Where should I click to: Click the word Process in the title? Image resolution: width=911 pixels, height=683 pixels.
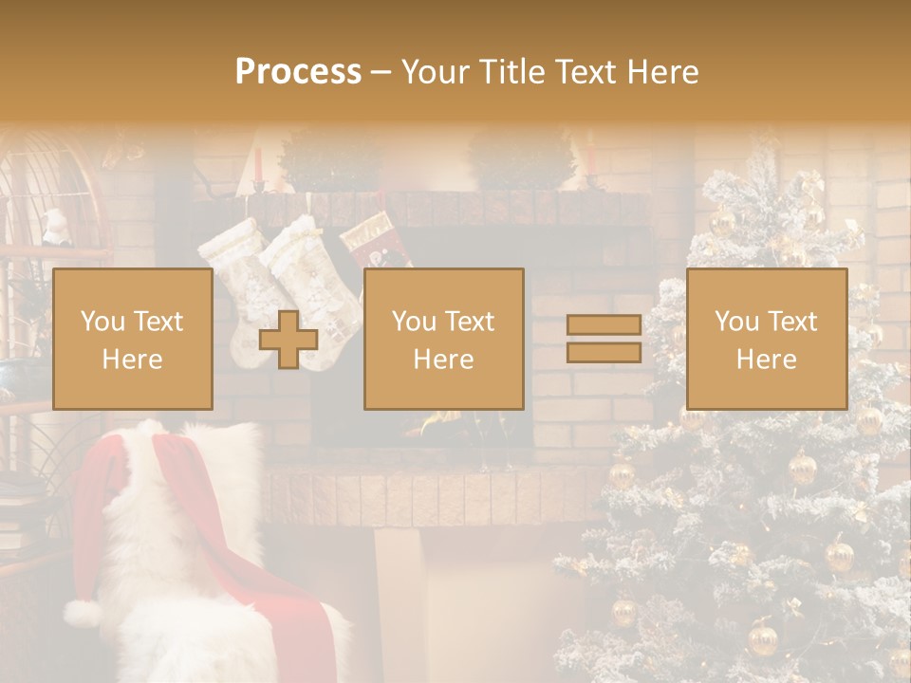point(298,72)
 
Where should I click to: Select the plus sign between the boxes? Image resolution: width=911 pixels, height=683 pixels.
point(288,340)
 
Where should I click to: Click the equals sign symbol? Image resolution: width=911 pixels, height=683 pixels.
point(604,339)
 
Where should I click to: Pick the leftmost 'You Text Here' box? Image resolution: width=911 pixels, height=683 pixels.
point(133,339)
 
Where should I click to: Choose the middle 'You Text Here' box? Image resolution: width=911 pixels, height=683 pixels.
point(443,339)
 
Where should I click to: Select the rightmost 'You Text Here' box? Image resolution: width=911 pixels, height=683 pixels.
point(766,339)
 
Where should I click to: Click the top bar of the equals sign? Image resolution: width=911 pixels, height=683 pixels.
point(604,325)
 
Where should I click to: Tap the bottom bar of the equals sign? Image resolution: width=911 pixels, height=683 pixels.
point(604,353)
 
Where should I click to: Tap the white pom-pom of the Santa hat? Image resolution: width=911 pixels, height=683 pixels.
point(84,614)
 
